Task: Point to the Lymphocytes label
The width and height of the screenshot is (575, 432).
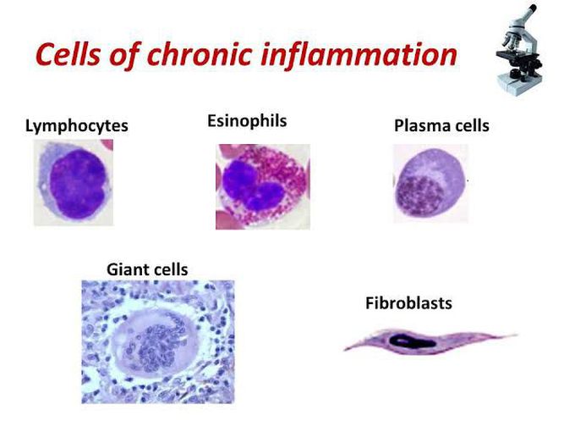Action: (x=76, y=126)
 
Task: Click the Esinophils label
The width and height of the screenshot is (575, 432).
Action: (x=247, y=121)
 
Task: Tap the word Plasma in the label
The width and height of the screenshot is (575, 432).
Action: (x=418, y=126)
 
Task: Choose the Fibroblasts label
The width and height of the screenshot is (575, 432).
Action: (x=408, y=302)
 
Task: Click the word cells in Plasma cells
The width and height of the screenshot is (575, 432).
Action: (x=468, y=126)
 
